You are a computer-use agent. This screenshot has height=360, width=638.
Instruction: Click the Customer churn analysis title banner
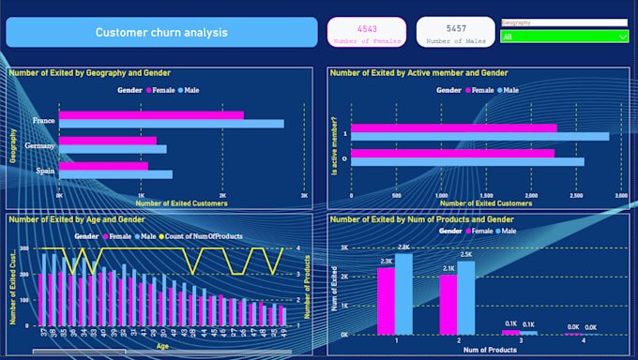161,32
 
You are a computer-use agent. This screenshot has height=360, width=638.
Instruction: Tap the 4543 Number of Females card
366,32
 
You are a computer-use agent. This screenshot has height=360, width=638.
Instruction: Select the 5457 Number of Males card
456,32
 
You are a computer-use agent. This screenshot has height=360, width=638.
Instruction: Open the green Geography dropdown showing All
565,37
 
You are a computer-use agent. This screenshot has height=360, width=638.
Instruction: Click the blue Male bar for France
172,124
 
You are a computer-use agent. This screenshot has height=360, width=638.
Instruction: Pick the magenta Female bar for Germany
108,141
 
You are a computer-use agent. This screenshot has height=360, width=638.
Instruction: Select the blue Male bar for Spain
116,173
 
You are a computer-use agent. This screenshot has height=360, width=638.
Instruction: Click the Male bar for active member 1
479,136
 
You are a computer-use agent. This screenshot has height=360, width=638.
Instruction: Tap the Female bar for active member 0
452,153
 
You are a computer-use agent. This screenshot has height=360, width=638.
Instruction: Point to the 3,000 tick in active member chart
620,195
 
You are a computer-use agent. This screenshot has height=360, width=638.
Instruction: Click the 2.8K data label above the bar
404,247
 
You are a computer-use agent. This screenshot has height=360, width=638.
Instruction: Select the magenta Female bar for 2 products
448,304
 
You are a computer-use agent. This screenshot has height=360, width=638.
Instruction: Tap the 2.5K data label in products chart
466,254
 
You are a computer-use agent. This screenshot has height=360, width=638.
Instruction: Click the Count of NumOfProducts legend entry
200,236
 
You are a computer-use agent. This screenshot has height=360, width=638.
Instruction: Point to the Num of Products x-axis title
485,351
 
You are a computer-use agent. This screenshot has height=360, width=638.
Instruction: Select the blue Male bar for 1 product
403,293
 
